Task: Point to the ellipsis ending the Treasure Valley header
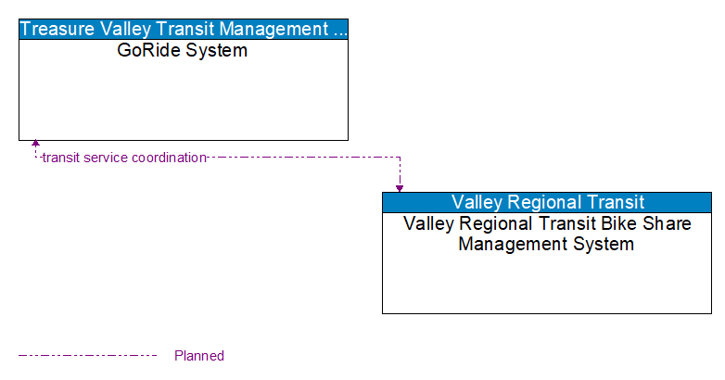[x=340, y=29]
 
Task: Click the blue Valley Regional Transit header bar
[x=547, y=202]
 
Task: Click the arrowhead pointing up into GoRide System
[x=35, y=144]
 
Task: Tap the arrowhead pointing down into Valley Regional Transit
[x=400, y=188]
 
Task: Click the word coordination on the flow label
[x=168, y=158]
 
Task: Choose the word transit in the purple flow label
[x=61, y=158]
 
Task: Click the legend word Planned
[x=199, y=356]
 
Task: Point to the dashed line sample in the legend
[x=88, y=355]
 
